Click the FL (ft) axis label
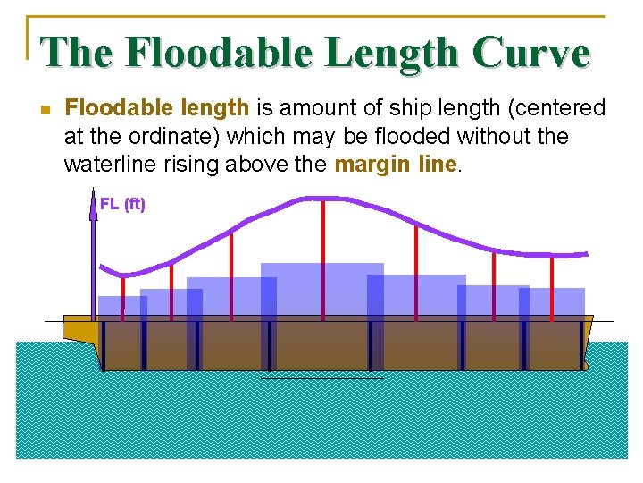click(122, 204)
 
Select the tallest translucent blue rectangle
click(321, 304)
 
